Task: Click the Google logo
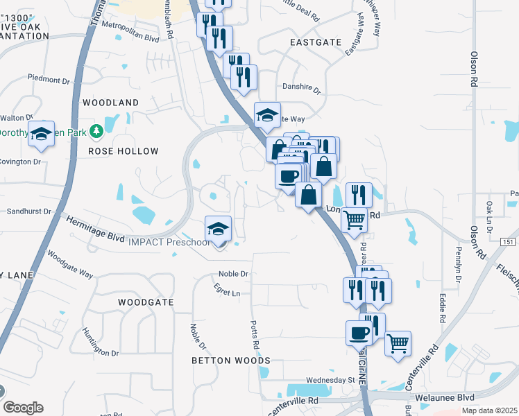click(x=23, y=408)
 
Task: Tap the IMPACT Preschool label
click(x=169, y=242)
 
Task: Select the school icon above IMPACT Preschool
click(x=218, y=229)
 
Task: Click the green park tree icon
click(x=99, y=130)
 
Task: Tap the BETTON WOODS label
click(x=231, y=361)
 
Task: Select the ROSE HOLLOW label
click(x=124, y=151)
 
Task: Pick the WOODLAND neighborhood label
click(x=110, y=103)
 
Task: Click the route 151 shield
click(x=510, y=241)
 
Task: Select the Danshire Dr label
click(x=301, y=89)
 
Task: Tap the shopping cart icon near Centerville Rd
click(x=398, y=343)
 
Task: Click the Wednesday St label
click(x=330, y=381)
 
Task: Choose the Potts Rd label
click(x=255, y=336)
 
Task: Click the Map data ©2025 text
click(x=490, y=411)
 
